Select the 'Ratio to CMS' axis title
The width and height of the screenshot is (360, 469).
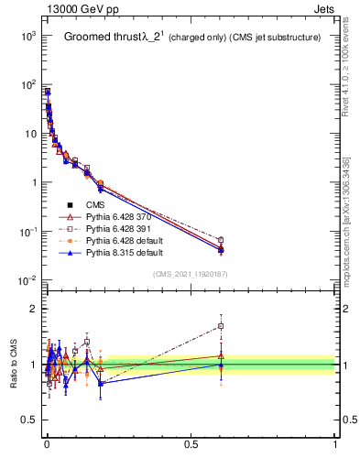pyautogui.click(x=13, y=365)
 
